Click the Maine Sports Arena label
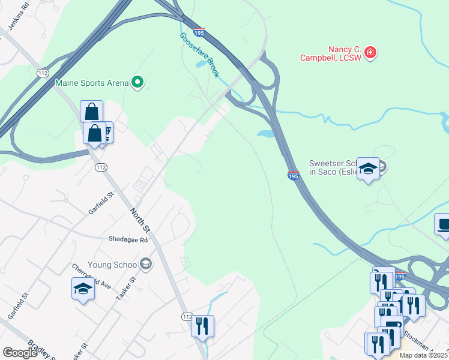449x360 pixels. (92, 82)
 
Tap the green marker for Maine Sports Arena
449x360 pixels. (138, 82)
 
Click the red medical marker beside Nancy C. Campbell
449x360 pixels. (371, 53)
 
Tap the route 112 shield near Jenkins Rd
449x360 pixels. (43, 73)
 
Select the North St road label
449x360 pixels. (139, 220)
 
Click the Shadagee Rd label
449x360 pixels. (128, 239)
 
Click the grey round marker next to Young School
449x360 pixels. (145, 263)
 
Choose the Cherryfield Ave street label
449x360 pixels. (91, 275)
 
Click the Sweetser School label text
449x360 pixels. (333, 167)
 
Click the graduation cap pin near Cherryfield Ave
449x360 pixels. (83, 289)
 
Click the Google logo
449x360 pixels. (20, 353)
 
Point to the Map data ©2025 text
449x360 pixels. (424, 355)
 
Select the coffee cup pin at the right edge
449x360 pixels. (443, 225)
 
